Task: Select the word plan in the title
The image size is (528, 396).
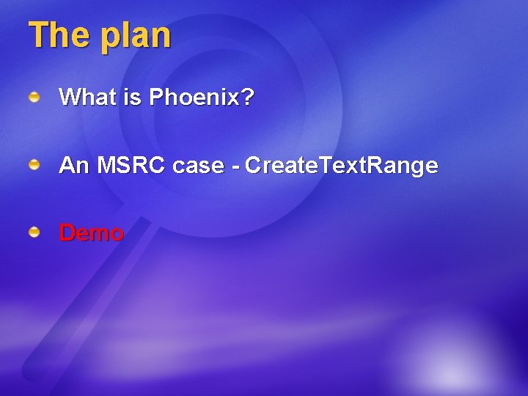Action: click(136, 37)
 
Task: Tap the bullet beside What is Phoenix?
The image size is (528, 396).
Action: click(34, 96)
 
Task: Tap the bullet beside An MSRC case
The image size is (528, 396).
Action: click(34, 165)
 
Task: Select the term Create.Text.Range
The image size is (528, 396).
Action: click(342, 166)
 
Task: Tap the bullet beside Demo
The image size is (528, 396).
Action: click(34, 232)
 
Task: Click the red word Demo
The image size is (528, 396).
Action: click(92, 234)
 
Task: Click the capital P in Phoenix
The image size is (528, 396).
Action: click(156, 98)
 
